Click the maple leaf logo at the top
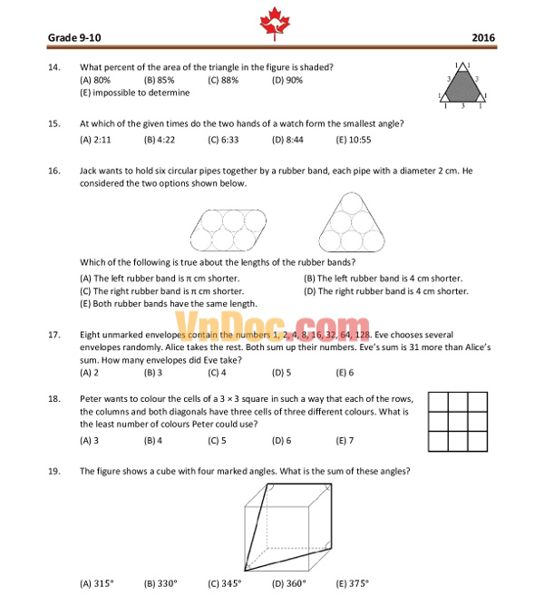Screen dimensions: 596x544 click(272, 23)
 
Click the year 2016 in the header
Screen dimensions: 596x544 click(483, 38)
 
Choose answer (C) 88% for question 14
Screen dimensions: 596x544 click(223, 80)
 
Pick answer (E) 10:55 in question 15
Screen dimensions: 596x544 click(354, 140)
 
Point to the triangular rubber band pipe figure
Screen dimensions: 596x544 click(346, 223)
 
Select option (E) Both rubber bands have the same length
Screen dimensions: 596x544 click(169, 304)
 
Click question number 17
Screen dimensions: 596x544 click(54, 335)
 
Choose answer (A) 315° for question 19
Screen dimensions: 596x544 click(97, 583)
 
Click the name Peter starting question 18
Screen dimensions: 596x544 click(92, 398)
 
